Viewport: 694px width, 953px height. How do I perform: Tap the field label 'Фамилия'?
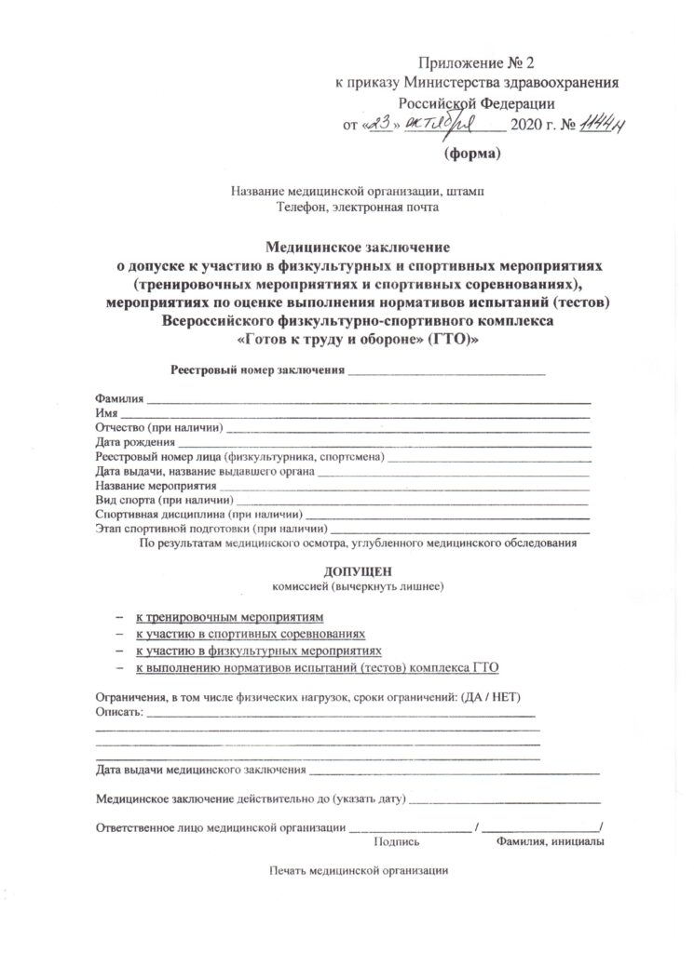(119, 398)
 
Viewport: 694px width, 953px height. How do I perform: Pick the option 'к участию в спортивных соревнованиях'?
(250, 633)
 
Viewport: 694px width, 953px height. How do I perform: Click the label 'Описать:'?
(120, 713)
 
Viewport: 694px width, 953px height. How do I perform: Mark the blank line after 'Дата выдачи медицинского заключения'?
(454, 771)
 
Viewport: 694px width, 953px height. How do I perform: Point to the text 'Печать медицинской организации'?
(359, 871)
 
